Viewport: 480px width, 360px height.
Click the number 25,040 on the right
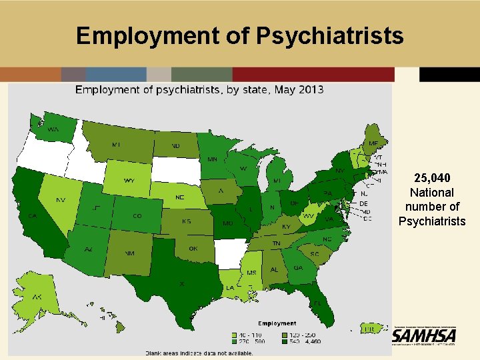click(432, 178)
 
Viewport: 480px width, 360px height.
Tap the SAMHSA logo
click(424, 336)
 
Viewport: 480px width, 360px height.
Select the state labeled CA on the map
click(31, 215)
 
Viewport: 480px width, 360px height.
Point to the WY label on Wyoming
click(129, 181)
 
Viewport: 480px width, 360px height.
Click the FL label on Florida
click(318, 303)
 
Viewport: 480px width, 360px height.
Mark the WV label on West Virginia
click(309, 216)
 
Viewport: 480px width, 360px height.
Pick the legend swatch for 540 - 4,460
click(285, 340)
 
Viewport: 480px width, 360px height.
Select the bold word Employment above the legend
click(277, 324)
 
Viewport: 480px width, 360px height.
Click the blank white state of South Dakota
click(175, 171)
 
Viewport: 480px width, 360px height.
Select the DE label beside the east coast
click(363, 203)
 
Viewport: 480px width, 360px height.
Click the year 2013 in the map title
click(311, 89)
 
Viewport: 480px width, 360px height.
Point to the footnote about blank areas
click(200, 353)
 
